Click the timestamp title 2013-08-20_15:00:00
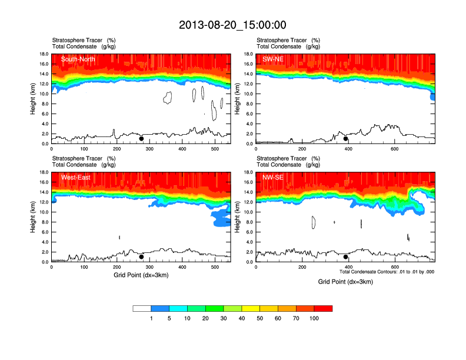point(232,25)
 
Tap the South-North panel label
point(78,59)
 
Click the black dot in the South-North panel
point(141,139)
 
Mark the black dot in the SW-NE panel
point(346,139)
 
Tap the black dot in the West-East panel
point(141,257)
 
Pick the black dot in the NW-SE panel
point(346,257)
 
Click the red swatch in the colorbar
point(323,308)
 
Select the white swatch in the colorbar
point(142,308)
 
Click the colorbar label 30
point(224,318)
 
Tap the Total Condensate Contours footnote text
point(387,272)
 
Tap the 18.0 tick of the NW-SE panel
point(248,172)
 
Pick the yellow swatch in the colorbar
point(251,308)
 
